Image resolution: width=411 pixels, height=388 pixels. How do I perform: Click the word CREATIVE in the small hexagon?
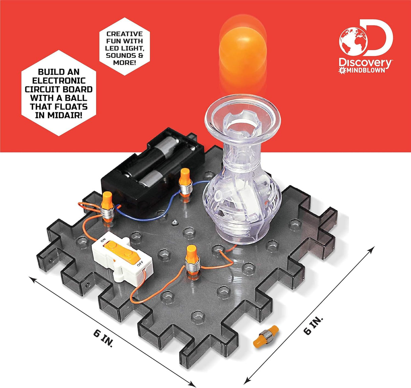[x=124, y=34]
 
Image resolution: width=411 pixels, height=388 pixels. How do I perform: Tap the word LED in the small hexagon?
[x=111, y=48]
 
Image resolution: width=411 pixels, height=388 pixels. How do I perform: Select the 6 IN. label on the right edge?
[x=313, y=326]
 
